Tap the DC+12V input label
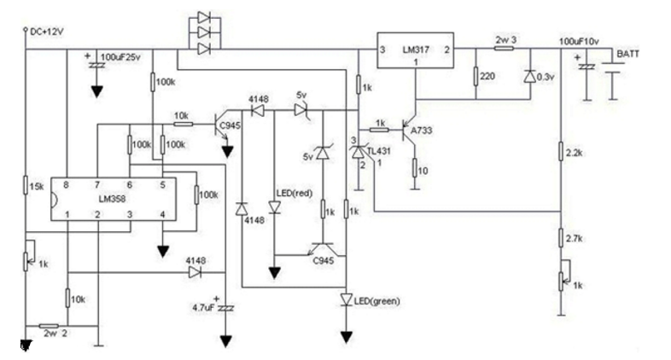[48, 32]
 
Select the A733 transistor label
[423, 131]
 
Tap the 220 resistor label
[488, 77]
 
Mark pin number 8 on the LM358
[67, 183]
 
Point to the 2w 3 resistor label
[506, 39]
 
